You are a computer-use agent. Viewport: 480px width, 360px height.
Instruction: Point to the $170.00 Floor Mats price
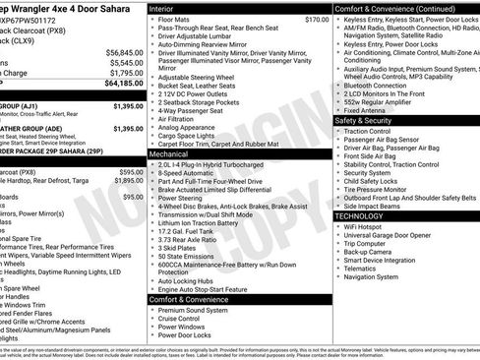tap(289, 20)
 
